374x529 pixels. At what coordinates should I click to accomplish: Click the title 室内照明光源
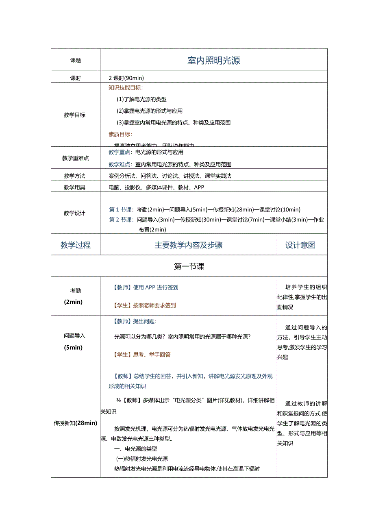coord(213,61)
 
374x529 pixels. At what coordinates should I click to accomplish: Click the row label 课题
coord(76,60)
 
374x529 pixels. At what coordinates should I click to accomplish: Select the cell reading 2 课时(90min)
coord(126,78)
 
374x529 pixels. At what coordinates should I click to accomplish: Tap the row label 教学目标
coord(75,115)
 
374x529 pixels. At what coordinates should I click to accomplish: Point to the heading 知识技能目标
coord(126,87)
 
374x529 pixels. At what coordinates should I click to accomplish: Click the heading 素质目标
coord(120,134)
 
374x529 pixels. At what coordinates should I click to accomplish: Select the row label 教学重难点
coord(76,158)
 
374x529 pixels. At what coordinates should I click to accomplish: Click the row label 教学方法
coord(75,176)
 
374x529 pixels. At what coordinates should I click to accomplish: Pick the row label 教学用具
coord(75,187)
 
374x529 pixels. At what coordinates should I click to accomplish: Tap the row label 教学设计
coord(75,213)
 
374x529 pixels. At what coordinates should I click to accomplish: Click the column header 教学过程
coord(76,245)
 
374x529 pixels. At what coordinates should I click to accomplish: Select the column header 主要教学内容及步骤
coord(189,245)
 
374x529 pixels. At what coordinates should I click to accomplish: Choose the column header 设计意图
coord(300,245)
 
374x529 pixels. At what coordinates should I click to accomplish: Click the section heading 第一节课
coord(189,266)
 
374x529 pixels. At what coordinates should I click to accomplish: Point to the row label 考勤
coord(76,291)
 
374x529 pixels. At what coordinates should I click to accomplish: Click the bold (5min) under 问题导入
coord(74,347)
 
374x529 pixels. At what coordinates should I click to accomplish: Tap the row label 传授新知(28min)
coord(76,423)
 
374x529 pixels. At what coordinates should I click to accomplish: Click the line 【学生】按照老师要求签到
coord(144,305)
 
